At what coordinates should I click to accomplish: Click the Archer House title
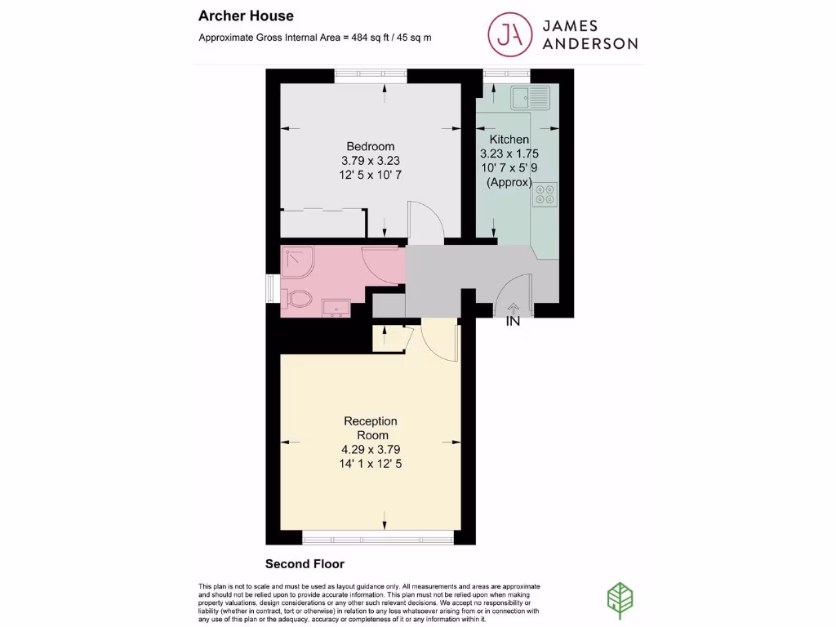click(x=246, y=16)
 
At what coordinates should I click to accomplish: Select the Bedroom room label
click(x=371, y=147)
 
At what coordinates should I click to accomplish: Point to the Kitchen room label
click(x=509, y=140)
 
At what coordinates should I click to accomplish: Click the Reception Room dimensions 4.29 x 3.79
click(x=371, y=449)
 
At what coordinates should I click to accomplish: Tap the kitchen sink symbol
click(x=531, y=99)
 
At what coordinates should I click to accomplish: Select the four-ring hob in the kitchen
click(x=545, y=193)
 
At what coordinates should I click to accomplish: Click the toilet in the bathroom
click(x=295, y=299)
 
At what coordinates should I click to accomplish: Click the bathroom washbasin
click(x=336, y=308)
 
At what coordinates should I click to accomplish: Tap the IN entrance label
click(x=513, y=322)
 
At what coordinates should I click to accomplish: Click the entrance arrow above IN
click(x=513, y=308)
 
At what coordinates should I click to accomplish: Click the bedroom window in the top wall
click(x=371, y=75)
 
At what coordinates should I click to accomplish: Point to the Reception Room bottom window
click(x=377, y=537)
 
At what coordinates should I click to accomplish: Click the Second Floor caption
click(x=305, y=564)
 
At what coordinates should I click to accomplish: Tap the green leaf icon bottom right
click(x=621, y=597)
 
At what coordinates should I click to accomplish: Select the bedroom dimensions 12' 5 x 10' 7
click(x=371, y=175)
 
